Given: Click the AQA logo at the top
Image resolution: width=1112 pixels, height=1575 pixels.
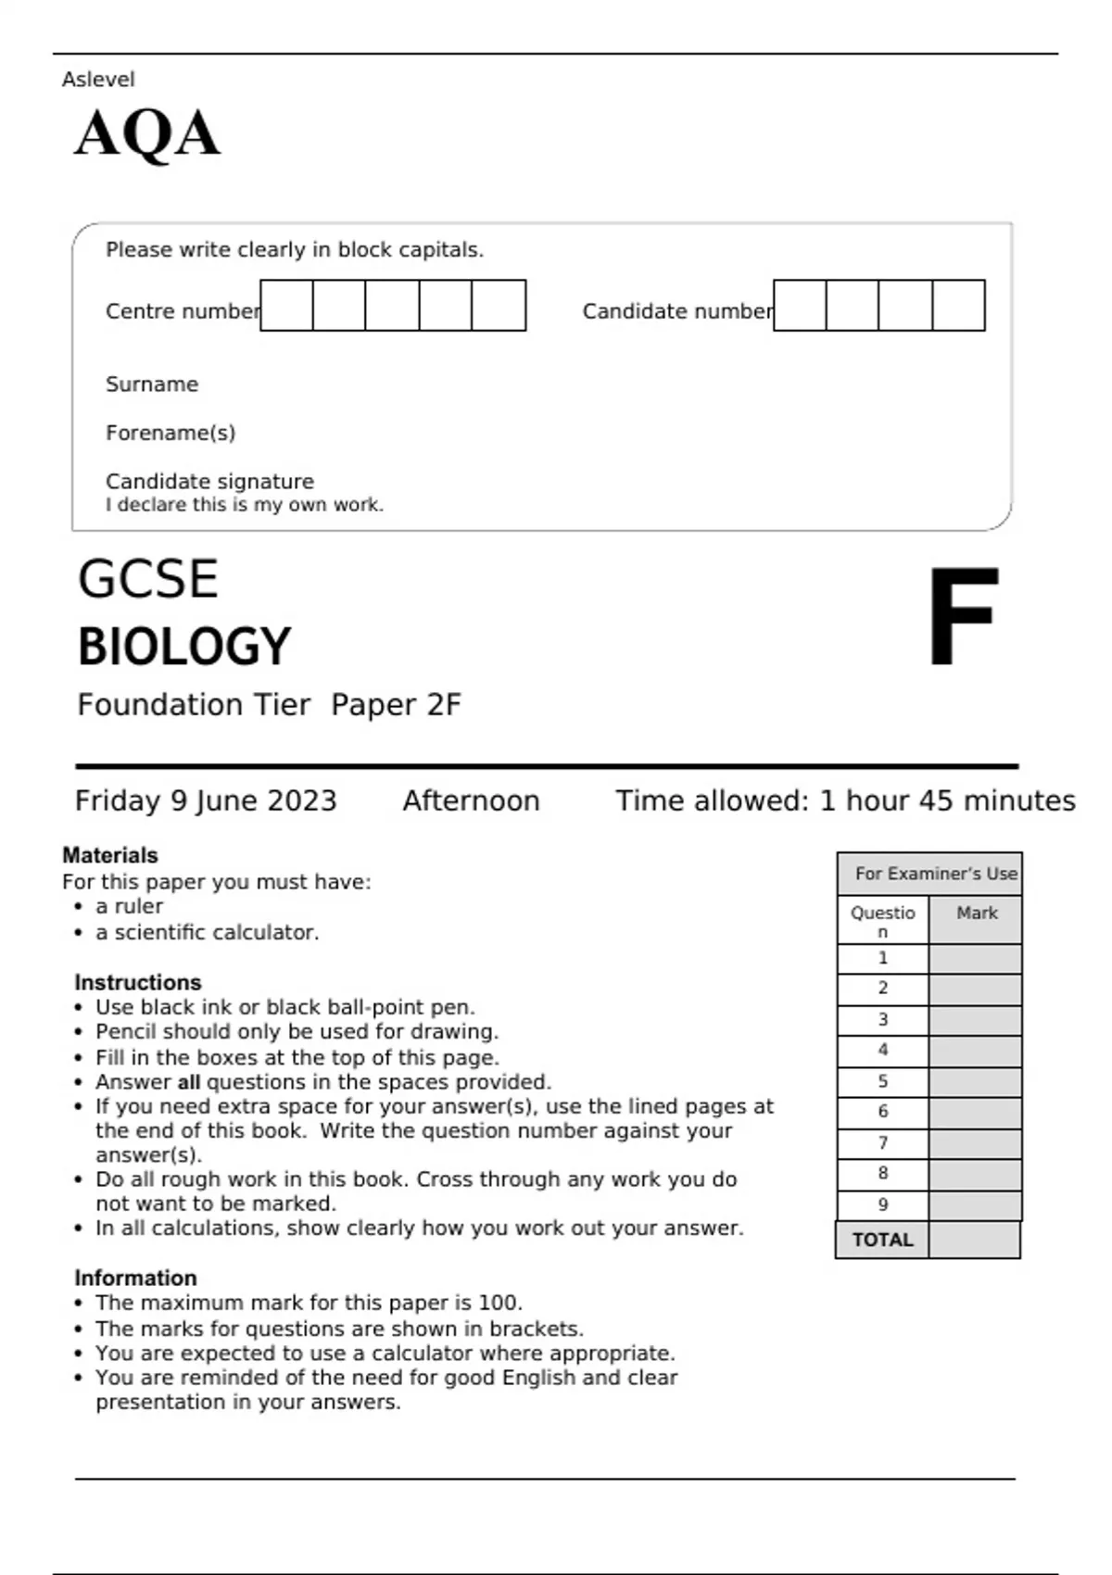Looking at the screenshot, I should click(x=147, y=134).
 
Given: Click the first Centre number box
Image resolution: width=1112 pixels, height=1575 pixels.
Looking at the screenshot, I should click(x=287, y=306).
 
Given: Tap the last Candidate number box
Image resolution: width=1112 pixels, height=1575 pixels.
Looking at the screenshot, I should click(x=958, y=306).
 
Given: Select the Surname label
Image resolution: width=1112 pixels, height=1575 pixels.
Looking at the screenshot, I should click(x=152, y=384).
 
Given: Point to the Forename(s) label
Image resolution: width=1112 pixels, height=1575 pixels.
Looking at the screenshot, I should click(x=171, y=433).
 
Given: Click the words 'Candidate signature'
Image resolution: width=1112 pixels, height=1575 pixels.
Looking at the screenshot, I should click(x=209, y=482).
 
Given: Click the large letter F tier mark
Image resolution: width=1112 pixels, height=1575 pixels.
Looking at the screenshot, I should click(x=962, y=616).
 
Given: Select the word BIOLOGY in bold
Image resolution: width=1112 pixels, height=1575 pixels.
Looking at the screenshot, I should click(x=184, y=647).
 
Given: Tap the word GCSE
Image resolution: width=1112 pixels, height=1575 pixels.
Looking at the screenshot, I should click(x=148, y=580).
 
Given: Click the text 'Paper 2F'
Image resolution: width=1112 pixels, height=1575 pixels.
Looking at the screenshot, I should click(x=396, y=705).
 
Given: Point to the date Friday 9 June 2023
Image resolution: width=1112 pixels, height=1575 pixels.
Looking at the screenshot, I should click(x=206, y=800).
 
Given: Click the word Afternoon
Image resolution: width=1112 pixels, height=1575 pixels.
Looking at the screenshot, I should click(x=471, y=800).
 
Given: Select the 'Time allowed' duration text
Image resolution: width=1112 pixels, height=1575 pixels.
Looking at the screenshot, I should click(x=845, y=800).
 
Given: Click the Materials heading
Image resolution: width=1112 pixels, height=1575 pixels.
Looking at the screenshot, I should click(x=110, y=855).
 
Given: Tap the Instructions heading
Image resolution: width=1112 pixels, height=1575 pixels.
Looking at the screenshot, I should click(x=138, y=982).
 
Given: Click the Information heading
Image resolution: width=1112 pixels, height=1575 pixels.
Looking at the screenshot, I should click(x=135, y=1278).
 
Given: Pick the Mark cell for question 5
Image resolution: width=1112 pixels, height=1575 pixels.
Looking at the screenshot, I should click(x=975, y=1081).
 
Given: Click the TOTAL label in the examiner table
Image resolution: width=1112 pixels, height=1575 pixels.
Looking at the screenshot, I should click(x=882, y=1240).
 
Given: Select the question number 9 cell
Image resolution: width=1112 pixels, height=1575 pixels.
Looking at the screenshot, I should click(x=882, y=1204).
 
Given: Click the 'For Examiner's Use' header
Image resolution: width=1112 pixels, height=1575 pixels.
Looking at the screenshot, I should click(x=935, y=874).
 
